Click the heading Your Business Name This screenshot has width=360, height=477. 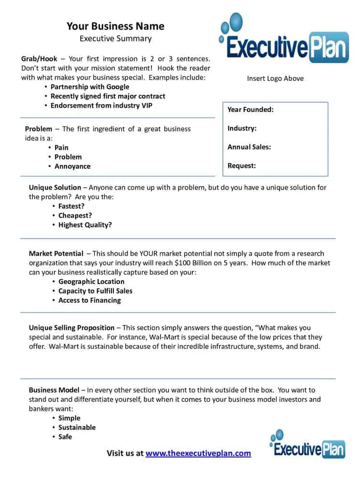115,26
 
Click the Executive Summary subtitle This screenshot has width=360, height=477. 115,39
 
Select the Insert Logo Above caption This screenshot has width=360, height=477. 275,79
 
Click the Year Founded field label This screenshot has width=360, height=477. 250,110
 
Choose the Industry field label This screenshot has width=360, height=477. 242,128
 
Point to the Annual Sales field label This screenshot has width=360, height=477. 249,147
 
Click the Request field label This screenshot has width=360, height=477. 241,166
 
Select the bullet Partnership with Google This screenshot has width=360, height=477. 90,87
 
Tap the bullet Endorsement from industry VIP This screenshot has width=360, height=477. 101,106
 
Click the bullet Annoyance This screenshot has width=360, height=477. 72,166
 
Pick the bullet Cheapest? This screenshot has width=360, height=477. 75,215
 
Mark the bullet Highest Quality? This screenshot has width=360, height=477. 85,225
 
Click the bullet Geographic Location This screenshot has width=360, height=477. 91,282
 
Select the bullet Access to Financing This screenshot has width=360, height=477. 90,300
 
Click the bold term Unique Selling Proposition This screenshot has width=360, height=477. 71,328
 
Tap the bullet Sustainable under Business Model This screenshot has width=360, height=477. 77,427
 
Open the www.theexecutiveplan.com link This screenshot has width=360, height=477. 198,453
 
